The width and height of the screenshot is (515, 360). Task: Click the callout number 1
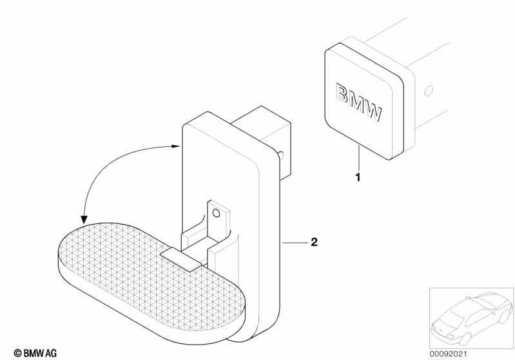tap(358, 177)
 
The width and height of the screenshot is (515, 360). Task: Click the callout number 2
tap(315, 242)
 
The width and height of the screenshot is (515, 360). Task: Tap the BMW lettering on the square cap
tap(359, 102)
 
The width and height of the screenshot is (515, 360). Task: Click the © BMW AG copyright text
tap(35, 353)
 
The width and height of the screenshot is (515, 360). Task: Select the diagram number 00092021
tap(448, 354)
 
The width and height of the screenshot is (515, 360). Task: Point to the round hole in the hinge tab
tap(216, 213)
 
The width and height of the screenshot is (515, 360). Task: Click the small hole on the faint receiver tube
tap(429, 91)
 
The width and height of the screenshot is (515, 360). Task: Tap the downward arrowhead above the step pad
tap(84, 220)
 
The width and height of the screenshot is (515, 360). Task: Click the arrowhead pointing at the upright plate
tap(176, 146)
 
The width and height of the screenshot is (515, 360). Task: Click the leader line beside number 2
tap(295, 243)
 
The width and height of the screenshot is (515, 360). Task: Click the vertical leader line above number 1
tap(358, 159)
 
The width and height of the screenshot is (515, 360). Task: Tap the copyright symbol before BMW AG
tap(18, 354)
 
